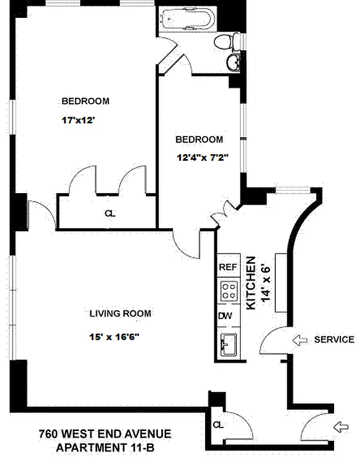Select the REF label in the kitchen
(228, 267)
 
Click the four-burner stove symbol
(228, 290)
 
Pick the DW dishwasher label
(226, 316)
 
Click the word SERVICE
(334, 339)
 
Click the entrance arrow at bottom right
(340, 427)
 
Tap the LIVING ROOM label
(120, 313)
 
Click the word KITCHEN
(251, 284)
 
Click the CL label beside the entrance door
(218, 425)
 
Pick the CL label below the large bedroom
(109, 213)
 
